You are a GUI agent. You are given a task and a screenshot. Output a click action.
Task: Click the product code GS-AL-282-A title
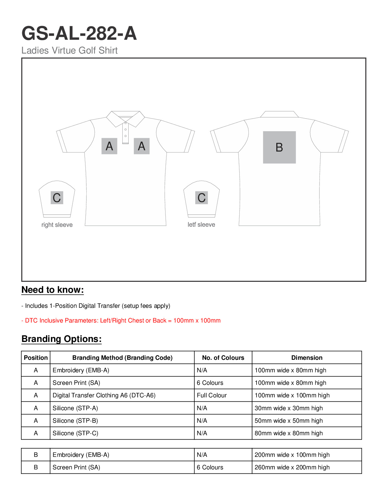[79, 34]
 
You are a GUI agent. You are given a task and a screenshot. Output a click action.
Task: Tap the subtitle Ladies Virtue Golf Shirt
[69, 50]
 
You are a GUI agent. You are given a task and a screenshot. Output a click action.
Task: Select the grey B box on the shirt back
[279, 147]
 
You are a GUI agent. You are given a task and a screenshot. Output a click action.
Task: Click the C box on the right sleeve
[57, 198]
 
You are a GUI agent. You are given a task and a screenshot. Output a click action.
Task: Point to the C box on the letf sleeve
[202, 198]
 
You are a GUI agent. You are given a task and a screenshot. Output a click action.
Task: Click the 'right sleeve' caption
[57, 225]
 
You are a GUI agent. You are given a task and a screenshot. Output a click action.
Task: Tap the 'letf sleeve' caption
[201, 225]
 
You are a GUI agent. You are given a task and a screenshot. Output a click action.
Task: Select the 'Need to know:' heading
[53, 290]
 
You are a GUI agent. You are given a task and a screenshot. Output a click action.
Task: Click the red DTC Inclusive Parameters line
[121, 320]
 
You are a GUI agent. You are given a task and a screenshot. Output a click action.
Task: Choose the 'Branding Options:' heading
[62, 339]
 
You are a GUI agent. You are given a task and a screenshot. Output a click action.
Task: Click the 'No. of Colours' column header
[223, 358]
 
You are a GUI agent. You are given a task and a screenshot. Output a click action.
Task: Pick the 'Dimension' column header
[307, 358]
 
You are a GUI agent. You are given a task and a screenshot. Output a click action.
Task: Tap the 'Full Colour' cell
[212, 395]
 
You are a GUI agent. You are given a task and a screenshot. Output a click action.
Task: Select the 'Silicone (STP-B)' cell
[75, 421]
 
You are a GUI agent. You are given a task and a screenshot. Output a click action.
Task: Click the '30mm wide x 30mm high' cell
[289, 408]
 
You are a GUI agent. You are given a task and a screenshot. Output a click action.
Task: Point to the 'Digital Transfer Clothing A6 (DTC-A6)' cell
[104, 395]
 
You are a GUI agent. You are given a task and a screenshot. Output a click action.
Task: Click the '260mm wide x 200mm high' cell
[292, 467]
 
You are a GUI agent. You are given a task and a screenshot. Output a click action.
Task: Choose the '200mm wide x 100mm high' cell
[292, 455]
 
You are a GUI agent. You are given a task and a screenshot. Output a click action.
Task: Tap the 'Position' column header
[36, 358]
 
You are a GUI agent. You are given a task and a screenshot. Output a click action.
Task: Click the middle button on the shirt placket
[125, 129]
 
